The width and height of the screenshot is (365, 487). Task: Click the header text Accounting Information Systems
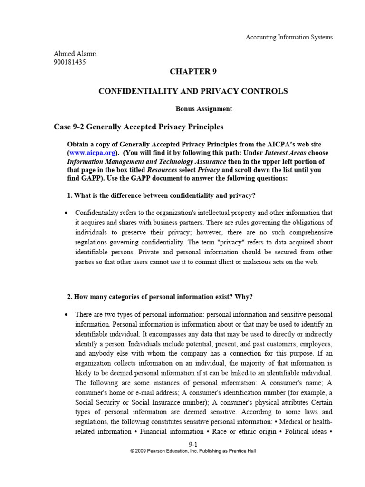coord(289,38)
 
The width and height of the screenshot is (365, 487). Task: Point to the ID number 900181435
coord(70,62)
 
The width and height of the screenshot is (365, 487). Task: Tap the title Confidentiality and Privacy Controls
coord(192,91)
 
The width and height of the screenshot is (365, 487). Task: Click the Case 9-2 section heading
coord(138,127)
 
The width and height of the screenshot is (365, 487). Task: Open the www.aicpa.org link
coord(93,153)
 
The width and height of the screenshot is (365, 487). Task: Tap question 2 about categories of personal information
coord(160,297)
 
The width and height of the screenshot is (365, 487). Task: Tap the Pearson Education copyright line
coord(193,451)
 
